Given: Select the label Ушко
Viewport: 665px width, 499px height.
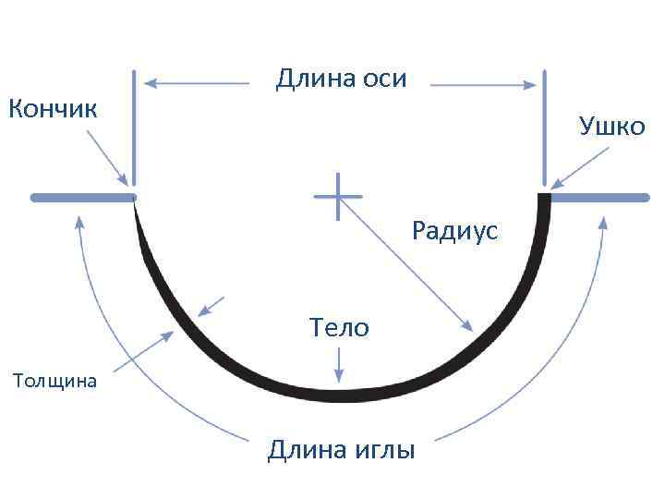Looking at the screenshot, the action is click(612, 126).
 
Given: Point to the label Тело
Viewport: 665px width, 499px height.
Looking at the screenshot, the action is click(339, 326).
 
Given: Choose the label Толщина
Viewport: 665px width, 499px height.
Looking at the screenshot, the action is click(54, 380).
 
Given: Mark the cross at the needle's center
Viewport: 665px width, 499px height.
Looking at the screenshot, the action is click(338, 196).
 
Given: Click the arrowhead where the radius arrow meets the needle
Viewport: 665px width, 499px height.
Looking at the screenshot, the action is click(467, 326).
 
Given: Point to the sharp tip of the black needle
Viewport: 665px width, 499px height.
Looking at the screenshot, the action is click(136, 202).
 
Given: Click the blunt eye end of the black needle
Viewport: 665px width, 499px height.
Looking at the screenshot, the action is click(544, 198).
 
